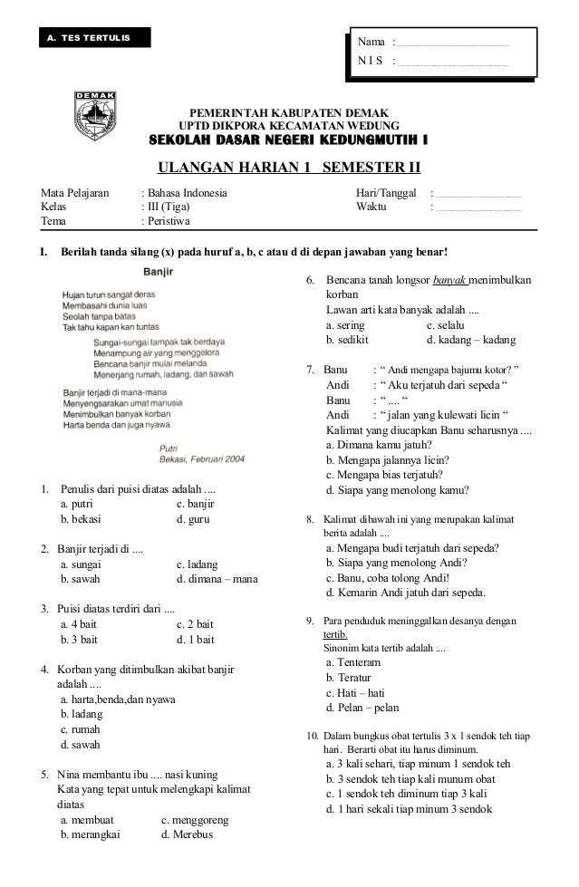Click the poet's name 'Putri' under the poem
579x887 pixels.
point(169,448)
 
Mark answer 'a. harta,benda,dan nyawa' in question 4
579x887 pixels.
point(118,700)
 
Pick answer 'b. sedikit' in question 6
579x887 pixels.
point(347,341)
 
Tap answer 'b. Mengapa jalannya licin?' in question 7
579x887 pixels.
point(387,459)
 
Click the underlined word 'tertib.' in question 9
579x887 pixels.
point(334,635)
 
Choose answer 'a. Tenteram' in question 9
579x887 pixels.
point(352,663)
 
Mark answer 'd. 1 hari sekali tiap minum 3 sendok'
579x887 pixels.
point(415,809)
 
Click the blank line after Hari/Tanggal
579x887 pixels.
point(478,194)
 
